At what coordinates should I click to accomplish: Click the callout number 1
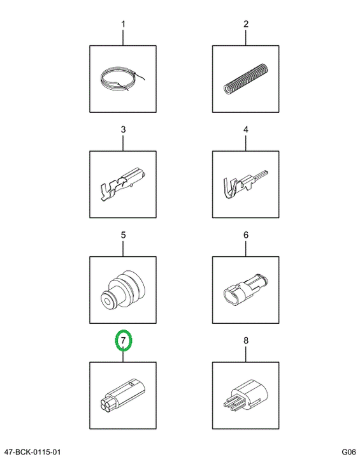coord(123,24)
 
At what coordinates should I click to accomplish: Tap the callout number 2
coord(246,24)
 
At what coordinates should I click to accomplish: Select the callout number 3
coord(123,129)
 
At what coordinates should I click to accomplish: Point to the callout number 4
coord(246,129)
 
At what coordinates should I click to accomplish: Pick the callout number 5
coord(123,235)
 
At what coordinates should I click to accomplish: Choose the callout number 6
coord(246,235)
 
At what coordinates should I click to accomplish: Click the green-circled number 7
coord(123,340)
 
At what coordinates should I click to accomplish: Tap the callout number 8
coord(246,340)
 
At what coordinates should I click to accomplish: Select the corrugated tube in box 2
coord(246,79)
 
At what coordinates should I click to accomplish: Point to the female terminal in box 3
coord(123,184)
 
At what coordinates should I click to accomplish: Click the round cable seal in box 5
coord(123,291)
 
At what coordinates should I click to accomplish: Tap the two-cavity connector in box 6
coord(246,290)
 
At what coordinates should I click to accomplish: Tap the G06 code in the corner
coord(349,452)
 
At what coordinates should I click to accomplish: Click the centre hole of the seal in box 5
coord(107,301)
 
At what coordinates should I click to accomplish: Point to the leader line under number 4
coord(246,142)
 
